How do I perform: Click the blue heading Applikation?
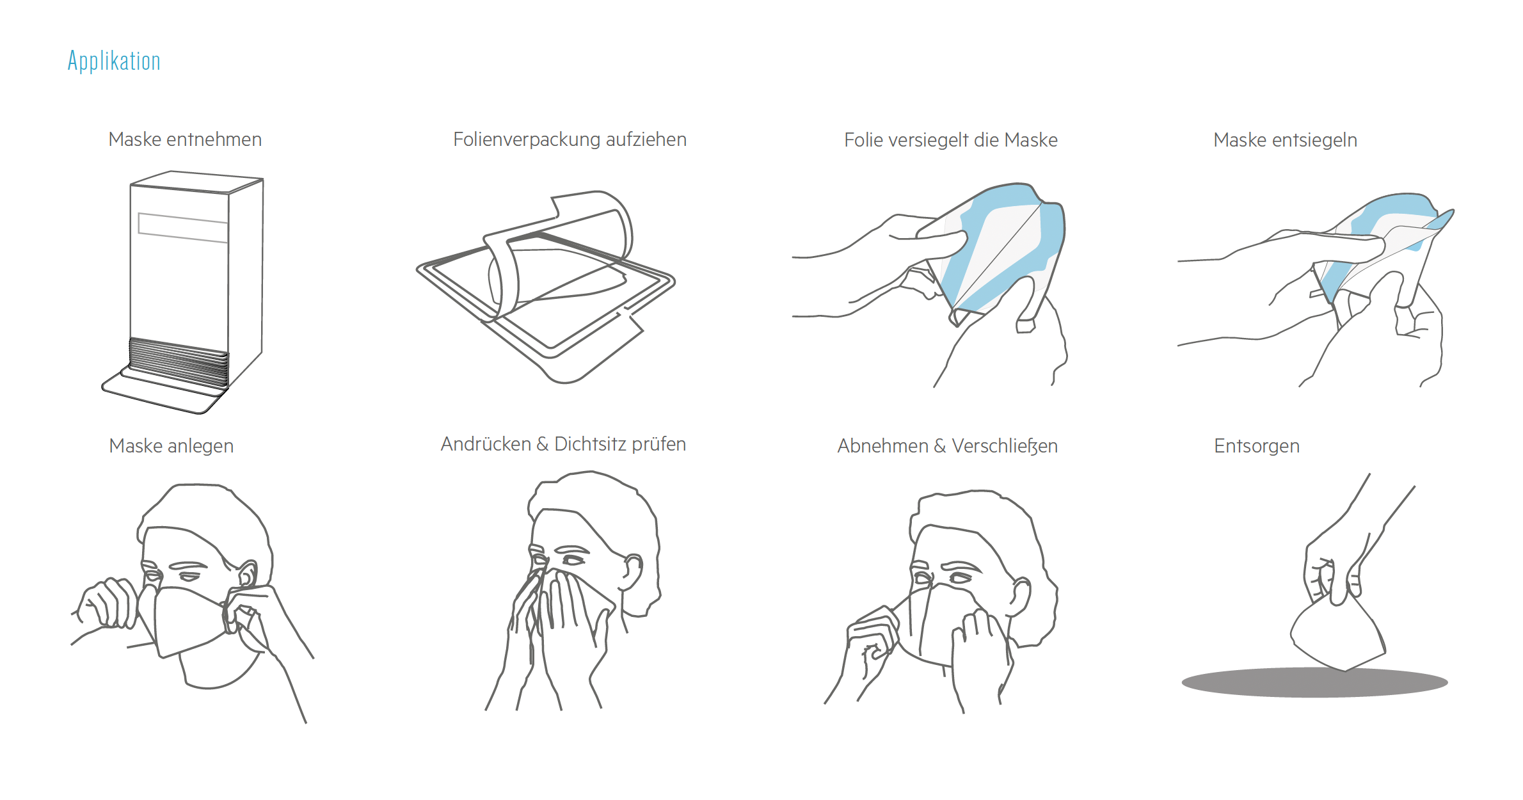point(114,61)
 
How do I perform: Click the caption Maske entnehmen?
point(185,140)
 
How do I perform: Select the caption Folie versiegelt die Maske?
point(950,140)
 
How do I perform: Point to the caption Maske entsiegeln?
point(1285,140)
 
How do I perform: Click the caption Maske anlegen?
point(171,446)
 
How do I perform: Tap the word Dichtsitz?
point(590,444)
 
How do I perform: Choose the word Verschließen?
point(1005,446)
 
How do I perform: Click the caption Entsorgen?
point(1257,446)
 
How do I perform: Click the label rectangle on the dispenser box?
point(183,228)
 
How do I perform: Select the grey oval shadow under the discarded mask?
point(1314,682)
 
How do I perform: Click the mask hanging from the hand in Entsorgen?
point(1337,634)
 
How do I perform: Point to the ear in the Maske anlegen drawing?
point(246,575)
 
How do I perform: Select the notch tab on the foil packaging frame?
point(630,320)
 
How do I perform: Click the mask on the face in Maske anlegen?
point(189,621)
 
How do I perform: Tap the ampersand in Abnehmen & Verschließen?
point(940,446)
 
